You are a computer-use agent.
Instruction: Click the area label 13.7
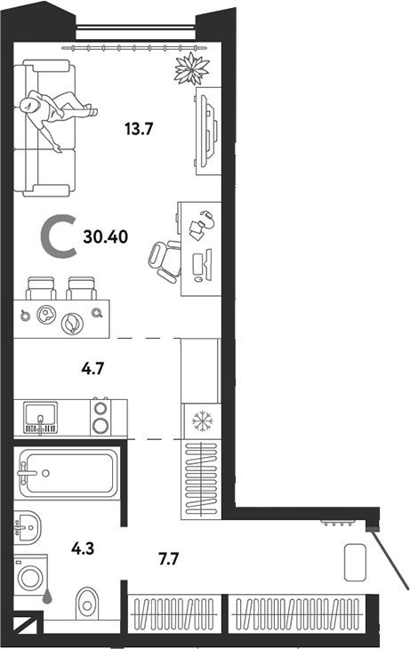click(140, 128)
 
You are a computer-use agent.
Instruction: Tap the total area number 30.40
click(103, 237)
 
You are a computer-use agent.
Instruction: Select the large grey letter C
click(60, 238)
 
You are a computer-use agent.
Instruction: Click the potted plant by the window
click(190, 68)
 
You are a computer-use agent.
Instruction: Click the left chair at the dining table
click(40, 289)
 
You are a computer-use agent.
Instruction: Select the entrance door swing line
click(390, 560)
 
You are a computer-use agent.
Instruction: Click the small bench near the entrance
click(357, 563)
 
